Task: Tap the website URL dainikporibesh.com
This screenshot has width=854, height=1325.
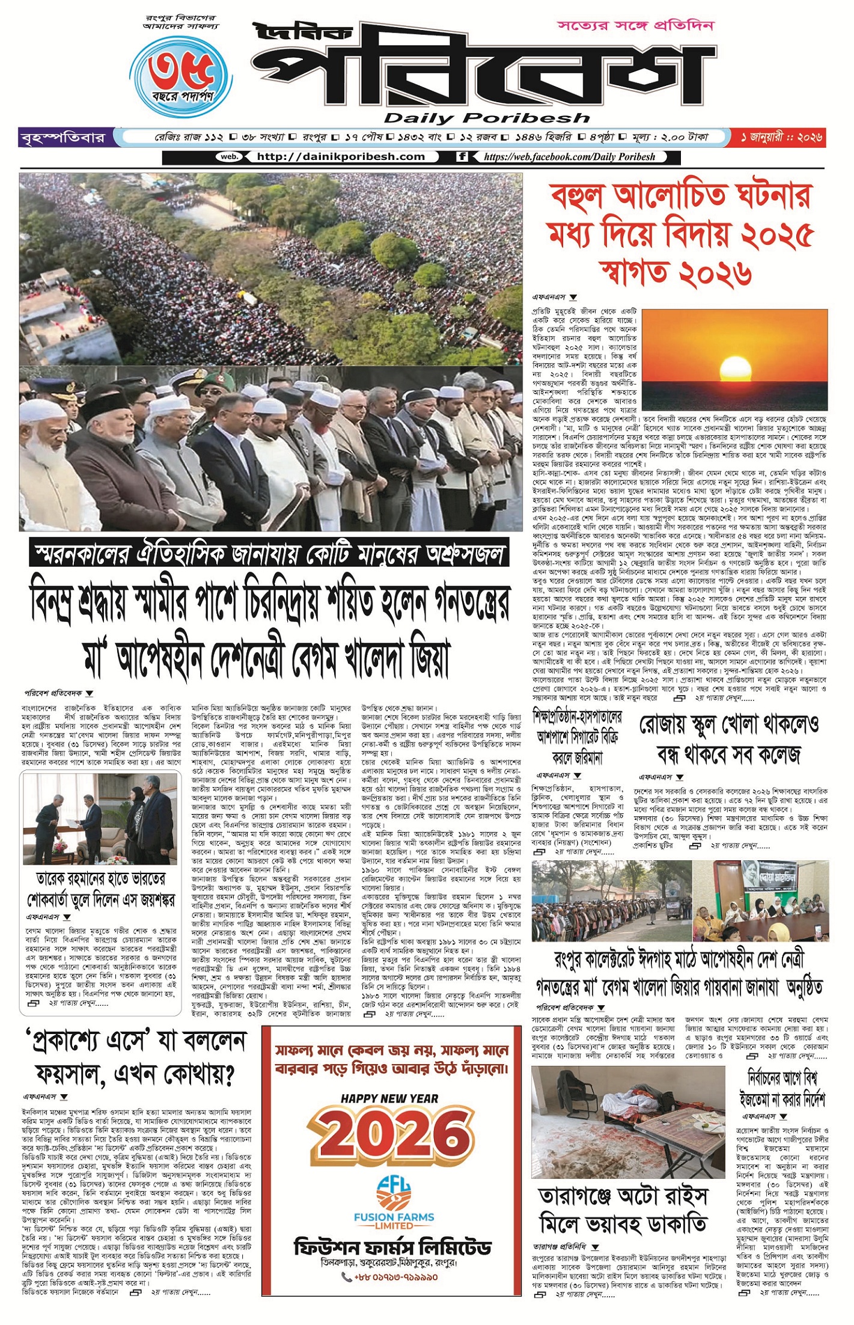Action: click(340, 157)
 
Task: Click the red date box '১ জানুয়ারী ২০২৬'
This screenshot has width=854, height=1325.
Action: click(781, 138)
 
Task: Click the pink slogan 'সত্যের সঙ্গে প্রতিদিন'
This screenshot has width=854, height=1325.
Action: click(635, 26)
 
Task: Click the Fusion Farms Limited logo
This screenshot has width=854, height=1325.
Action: click(393, 1195)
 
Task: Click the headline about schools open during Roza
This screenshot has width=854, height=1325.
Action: click(728, 739)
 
